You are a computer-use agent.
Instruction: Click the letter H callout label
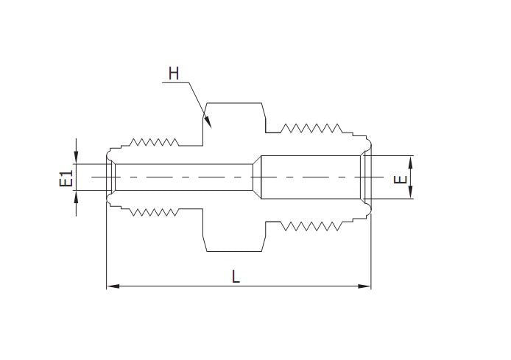point(174,73)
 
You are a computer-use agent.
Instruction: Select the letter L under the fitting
point(236,276)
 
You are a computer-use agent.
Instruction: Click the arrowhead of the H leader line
point(208,121)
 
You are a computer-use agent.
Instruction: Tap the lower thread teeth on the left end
point(154,213)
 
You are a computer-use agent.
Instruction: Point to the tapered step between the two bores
point(257,177)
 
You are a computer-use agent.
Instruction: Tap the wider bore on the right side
point(309,177)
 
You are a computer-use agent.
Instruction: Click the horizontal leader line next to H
point(175,83)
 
